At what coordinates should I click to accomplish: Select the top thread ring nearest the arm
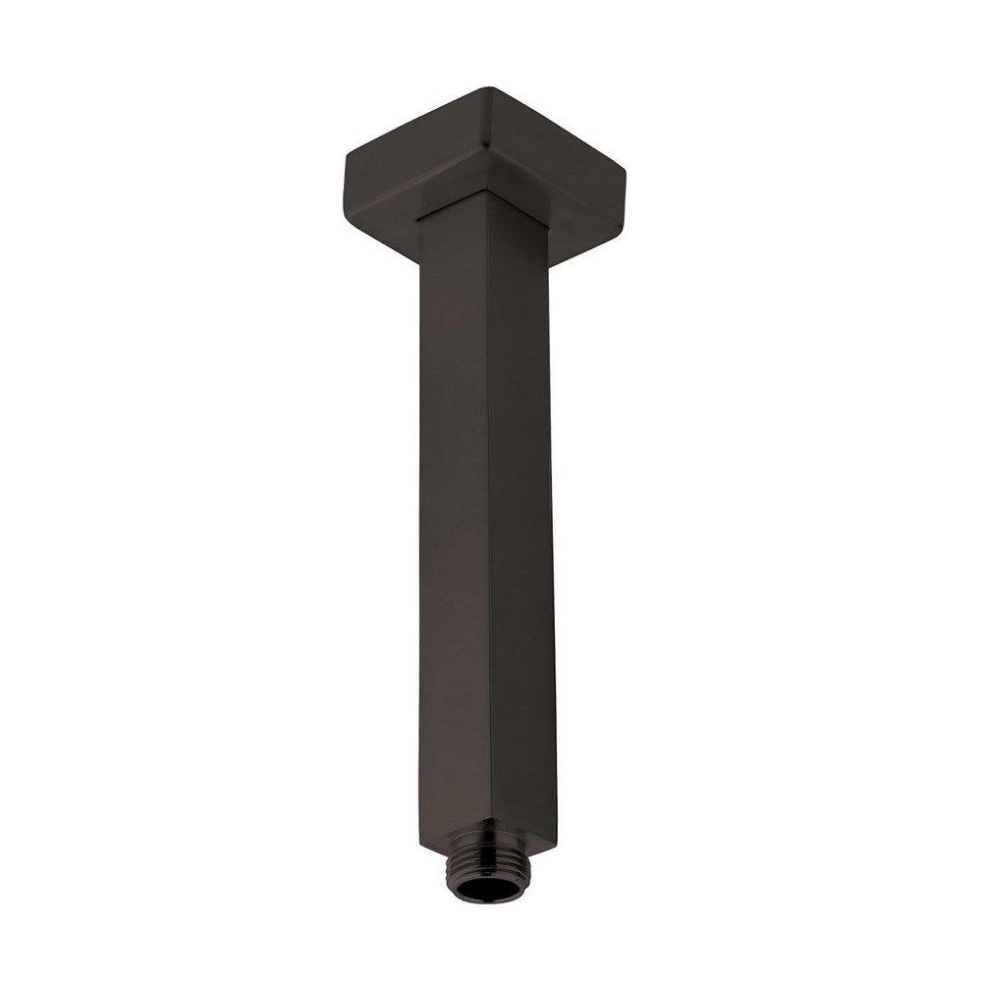click(487, 841)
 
